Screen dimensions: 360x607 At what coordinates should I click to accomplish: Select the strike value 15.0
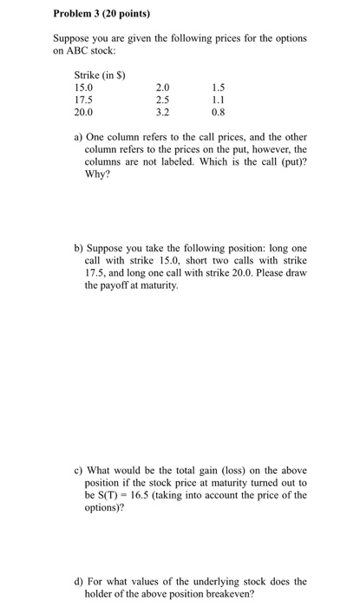click(x=84, y=87)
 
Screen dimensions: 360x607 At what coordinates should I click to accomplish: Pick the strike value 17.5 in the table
click(x=84, y=99)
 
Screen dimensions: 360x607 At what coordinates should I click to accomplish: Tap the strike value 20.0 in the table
click(x=84, y=112)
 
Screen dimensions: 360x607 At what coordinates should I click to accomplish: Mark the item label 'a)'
click(x=78, y=137)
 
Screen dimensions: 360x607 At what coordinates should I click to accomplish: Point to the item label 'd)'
click(x=79, y=581)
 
